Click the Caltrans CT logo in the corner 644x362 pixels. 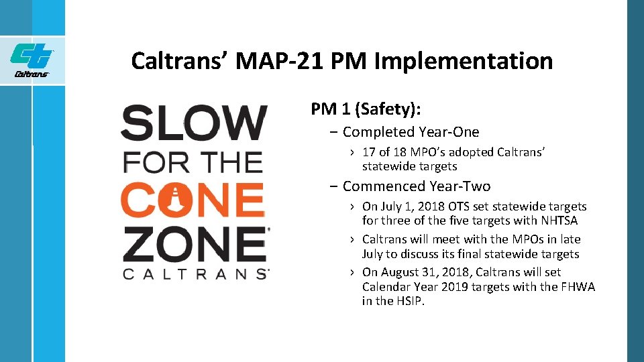click(x=32, y=59)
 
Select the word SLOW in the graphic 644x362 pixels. click(x=194, y=123)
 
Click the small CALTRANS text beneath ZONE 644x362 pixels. click(x=195, y=274)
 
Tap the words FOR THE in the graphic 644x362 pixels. click(x=193, y=162)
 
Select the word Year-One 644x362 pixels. click(x=449, y=132)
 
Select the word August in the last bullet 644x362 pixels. click(x=400, y=272)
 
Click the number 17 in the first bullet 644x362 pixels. click(x=369, y=152)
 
